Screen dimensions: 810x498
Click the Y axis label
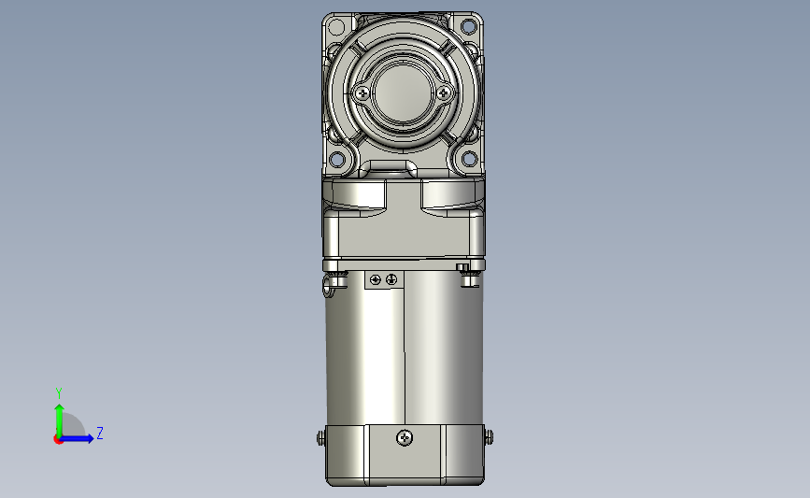59,393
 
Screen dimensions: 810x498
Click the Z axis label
100,433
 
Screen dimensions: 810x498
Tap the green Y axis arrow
60,420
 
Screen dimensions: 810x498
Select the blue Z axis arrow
77,438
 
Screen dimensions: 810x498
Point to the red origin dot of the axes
58,440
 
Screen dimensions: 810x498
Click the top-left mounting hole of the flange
336,26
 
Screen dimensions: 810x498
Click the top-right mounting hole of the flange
469,26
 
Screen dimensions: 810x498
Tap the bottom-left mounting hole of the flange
336,159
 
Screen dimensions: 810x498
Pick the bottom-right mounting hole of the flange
469,159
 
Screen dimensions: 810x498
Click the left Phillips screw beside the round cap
362,93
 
